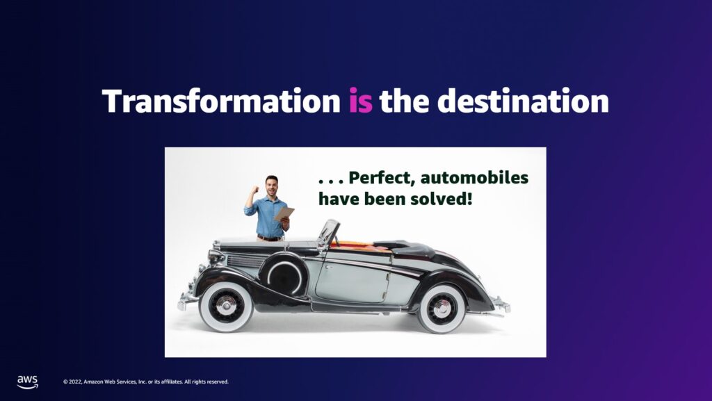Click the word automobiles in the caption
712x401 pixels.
coord(474,177)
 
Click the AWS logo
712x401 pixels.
coord(27,382)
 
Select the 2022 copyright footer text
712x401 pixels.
coord(146,382)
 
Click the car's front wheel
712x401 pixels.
coord(226,306)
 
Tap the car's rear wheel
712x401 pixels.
coord(442,309)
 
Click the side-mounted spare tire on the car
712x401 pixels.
coord(284,275)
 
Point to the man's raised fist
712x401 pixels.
coord(254,190)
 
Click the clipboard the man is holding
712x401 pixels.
coord(284,213)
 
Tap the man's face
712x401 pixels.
coord(272,186)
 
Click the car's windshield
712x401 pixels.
coord(329,233)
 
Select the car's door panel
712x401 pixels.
coord(353,282)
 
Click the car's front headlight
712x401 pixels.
coord(216,257)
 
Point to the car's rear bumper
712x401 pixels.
coord(501,304)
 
